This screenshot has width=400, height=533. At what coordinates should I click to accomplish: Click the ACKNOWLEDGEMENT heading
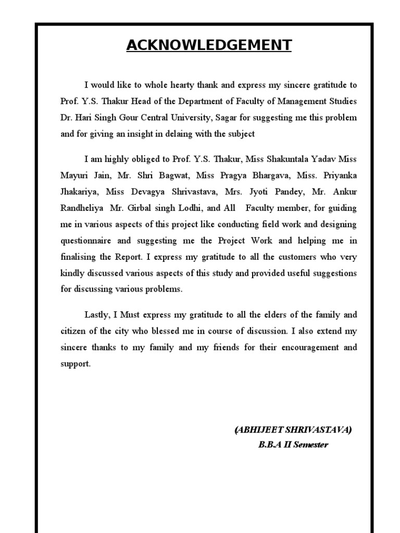(208, 45)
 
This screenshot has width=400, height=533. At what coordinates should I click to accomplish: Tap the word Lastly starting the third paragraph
(97, 315)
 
